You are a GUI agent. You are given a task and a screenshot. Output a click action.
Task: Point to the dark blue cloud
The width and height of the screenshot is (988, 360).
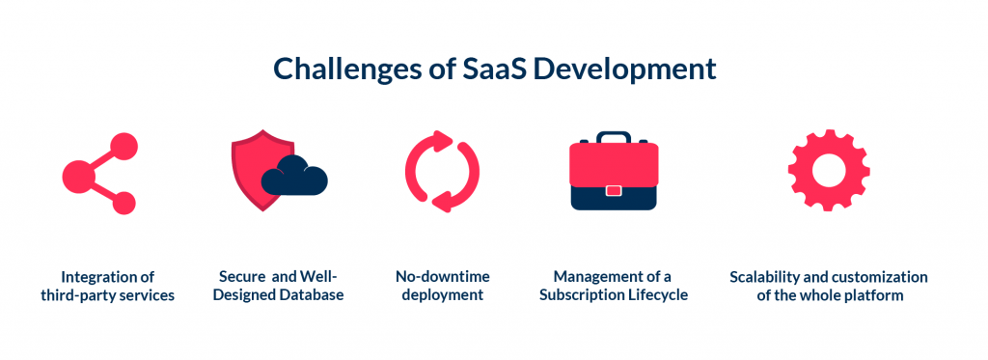click(294, 176)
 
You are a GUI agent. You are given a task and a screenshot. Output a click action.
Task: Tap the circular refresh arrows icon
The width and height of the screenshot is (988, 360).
click(442, 172)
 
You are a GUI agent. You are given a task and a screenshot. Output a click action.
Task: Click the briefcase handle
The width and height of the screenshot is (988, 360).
click(614, 137)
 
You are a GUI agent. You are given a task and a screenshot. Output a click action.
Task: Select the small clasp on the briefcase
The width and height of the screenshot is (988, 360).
click(614, 190)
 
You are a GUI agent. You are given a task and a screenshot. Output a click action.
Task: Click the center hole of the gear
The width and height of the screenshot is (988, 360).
click(829, 170)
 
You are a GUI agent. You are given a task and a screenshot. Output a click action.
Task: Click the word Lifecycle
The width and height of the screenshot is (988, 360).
click(661, 294)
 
